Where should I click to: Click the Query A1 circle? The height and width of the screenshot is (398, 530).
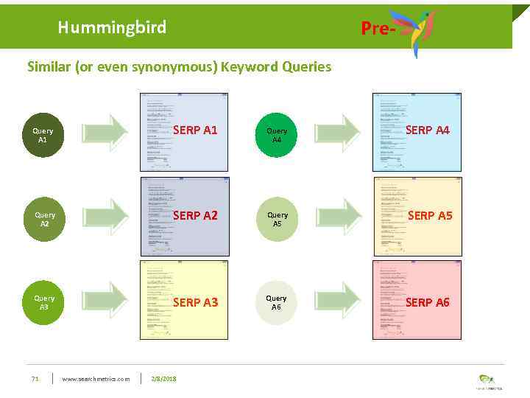(43, 135)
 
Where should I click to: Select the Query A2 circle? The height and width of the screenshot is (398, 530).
(43, 219)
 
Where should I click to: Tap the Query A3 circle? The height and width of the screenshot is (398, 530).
(43, 303)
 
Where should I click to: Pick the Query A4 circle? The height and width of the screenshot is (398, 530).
(277, 135)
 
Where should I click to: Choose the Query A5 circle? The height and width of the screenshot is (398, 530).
(277, 219)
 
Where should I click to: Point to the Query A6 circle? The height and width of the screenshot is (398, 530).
(277, 303)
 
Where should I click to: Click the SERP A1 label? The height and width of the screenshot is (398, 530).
(195, 130)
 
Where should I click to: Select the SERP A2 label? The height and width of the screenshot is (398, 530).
(195, 216)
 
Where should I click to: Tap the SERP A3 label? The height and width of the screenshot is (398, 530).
(195, 302)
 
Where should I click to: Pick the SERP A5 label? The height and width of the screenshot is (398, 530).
(430, 216)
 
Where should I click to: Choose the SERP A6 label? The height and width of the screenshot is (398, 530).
(428, 302)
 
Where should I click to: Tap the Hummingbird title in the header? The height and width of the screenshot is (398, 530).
(112, 28)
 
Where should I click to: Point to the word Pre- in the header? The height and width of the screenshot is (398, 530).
(378, 29)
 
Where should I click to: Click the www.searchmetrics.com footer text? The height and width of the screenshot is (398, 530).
(96, 379)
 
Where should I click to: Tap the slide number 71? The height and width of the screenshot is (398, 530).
(35, 379)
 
